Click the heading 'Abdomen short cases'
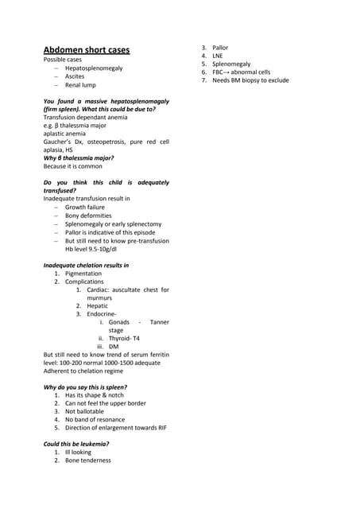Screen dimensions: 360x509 [86, 50]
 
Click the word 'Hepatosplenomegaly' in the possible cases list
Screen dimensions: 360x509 [94, 68]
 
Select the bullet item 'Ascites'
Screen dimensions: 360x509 [75, 76]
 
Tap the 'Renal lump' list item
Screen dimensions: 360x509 [80, 84]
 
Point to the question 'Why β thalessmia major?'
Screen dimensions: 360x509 [78, 158]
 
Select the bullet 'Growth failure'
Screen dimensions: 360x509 [84, 207]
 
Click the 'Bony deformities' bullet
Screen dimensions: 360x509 [88, 216]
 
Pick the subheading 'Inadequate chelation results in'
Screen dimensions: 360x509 [86, 264]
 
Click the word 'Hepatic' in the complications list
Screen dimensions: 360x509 [99, 305]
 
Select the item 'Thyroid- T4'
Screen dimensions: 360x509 [124, 338]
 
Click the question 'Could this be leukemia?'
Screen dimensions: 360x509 [75, 443]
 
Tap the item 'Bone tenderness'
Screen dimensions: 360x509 [88, 460]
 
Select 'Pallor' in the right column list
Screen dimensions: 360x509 [220, 48]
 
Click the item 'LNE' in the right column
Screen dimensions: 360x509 [219, 56]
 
